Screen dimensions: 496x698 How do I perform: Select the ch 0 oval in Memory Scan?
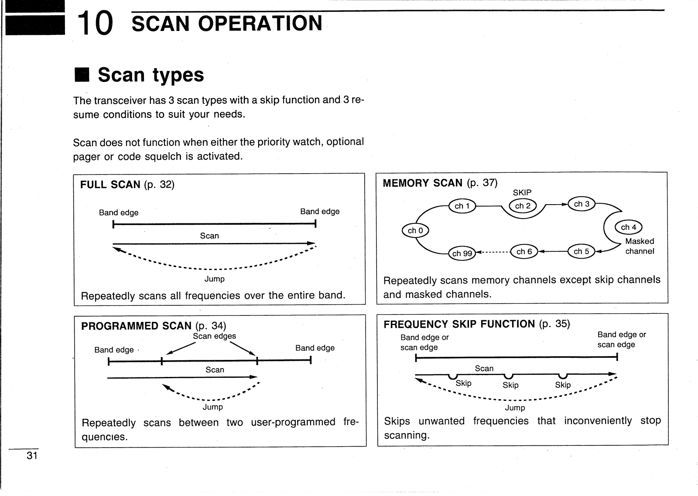click(415, 230)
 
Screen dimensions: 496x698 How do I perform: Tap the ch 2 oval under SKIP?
click(523, 206)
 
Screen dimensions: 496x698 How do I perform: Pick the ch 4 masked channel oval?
click(628, 227)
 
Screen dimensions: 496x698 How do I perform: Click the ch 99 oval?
click(462, 253)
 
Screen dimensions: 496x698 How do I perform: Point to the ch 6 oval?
click(524, 251)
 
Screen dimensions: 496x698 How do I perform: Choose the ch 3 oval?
click(582, 204)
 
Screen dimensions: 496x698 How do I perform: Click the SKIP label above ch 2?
click(522, 192)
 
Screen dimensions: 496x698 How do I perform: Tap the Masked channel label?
click(640, 246)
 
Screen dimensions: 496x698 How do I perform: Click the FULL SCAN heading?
click(110, 185)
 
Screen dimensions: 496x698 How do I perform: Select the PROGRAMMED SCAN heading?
click(136, 326)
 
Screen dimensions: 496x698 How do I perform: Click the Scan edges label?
click(214, 336)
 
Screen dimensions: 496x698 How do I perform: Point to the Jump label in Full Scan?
click(215, 279)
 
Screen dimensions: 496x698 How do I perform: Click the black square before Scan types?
click(82, 75)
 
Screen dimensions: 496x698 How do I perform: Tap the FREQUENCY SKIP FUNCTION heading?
click(459, 324)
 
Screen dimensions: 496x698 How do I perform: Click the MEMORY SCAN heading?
click(422, 183)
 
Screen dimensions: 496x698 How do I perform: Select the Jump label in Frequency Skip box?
click(515, 407)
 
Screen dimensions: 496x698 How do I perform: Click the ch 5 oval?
click(581, 251)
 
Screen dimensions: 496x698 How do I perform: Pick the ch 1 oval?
click(462, 206)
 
